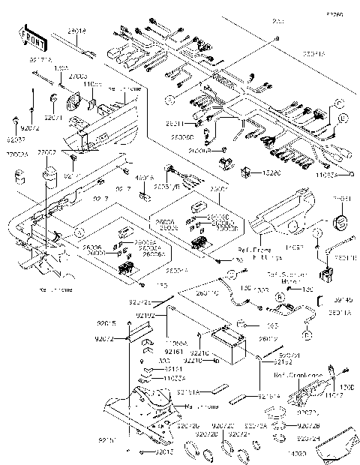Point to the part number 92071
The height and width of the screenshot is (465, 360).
53,118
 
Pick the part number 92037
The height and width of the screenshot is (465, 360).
16,139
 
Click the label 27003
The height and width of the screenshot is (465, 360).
78,76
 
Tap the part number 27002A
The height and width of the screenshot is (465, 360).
17,153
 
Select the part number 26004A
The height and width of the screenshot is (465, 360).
155,269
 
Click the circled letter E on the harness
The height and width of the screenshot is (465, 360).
343,119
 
